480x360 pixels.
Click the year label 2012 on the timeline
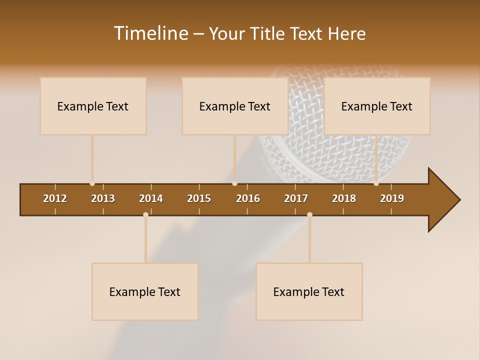55,198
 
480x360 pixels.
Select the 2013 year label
103,198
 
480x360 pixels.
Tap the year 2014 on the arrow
151,198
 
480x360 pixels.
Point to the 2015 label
199,198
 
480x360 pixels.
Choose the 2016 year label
248,198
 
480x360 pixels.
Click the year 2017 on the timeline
296,198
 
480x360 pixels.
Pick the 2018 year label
344,198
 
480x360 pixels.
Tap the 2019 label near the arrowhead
392,198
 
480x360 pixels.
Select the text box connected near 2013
93,106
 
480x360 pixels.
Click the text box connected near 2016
235,106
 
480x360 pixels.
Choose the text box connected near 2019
377,106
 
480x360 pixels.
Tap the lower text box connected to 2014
145,291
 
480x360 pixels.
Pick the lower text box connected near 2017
309,291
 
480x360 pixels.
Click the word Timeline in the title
150,33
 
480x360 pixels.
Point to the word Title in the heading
270,34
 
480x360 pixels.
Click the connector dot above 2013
92,183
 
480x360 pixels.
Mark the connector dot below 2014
145,214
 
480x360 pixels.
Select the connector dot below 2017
309,214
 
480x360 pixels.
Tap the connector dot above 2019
376,183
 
